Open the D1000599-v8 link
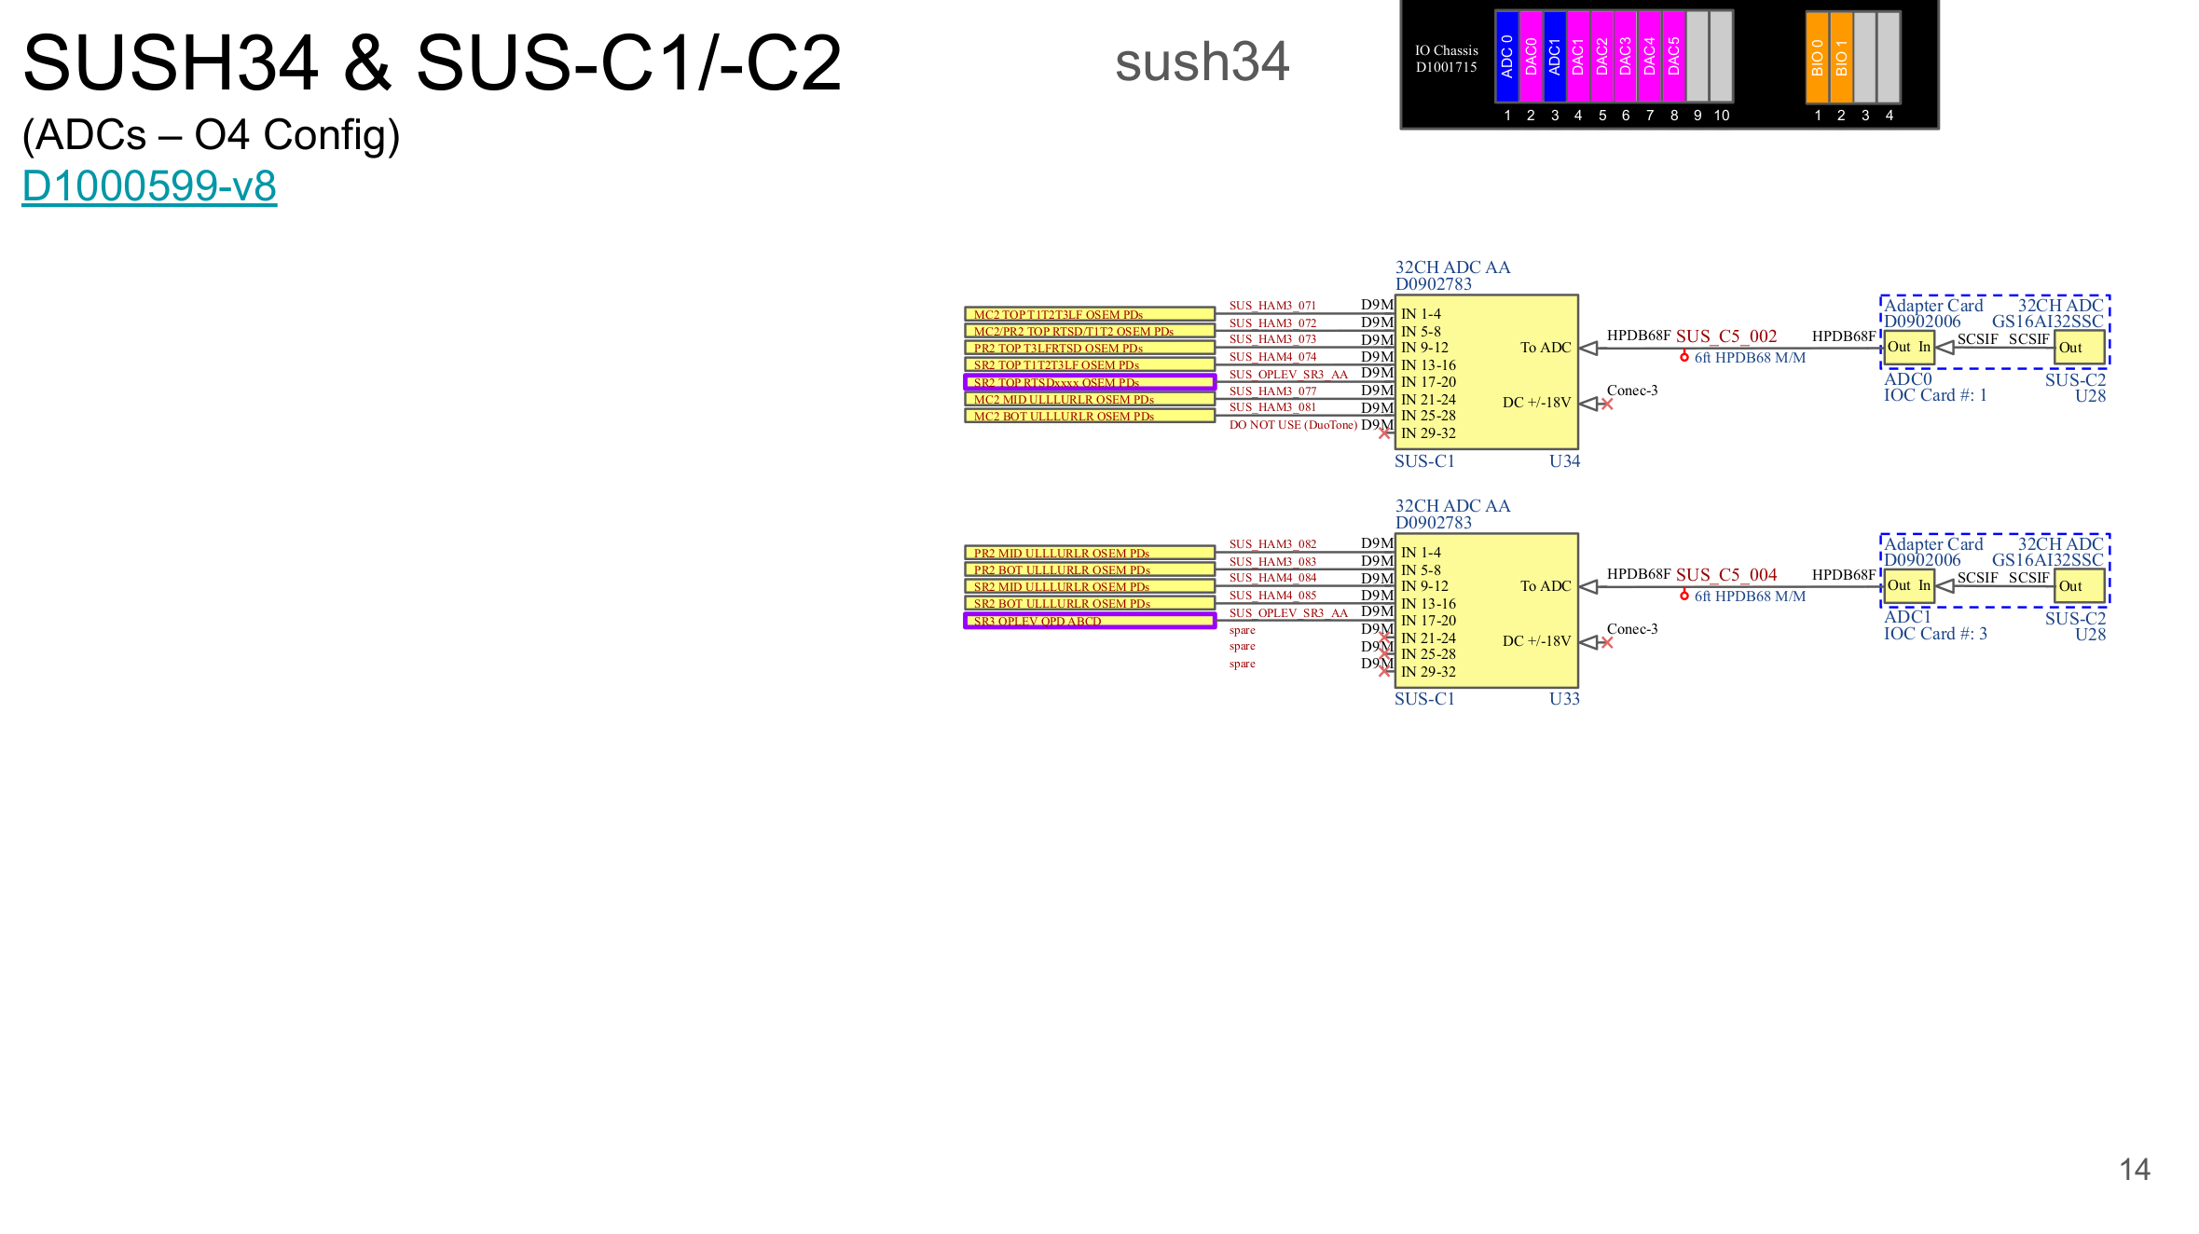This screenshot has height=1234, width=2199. [x=149, y=185]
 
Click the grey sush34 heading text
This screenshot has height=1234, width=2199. [x=1202, y=62]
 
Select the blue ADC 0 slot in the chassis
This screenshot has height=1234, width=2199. [x=1506, y=56]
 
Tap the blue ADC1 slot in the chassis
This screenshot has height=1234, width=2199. [x=1554, y=56]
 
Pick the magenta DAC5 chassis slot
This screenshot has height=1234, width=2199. [x=1673, y=56]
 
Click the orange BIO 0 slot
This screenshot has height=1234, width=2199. [x=1817, y=57]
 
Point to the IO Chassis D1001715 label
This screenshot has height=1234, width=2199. [x=1446, y=59]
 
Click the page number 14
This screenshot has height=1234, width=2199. [x=2134, y=1170]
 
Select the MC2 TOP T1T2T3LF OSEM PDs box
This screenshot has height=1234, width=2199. [x=1089, y=314]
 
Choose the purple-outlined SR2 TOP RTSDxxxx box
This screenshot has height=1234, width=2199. [x=1089, y=382]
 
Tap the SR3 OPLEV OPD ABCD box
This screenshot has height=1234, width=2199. [x=1089, y=621]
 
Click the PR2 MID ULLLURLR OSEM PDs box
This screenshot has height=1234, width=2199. [x=1089, y=553]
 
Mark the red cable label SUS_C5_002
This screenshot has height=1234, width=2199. [x=1725, y=336]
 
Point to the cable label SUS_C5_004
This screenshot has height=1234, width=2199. [x=1725, y=575]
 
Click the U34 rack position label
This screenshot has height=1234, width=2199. [x=1564, y=461]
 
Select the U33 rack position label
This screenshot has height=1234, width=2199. [x=1564, y=699]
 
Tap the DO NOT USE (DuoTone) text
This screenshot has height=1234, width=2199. [x=1292, y=425]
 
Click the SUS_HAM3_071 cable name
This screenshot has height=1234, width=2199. [x=1271, y=306]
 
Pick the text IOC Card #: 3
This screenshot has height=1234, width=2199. [x=1934, y=634]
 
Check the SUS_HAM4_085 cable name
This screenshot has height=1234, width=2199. [x=1271, y=596]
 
